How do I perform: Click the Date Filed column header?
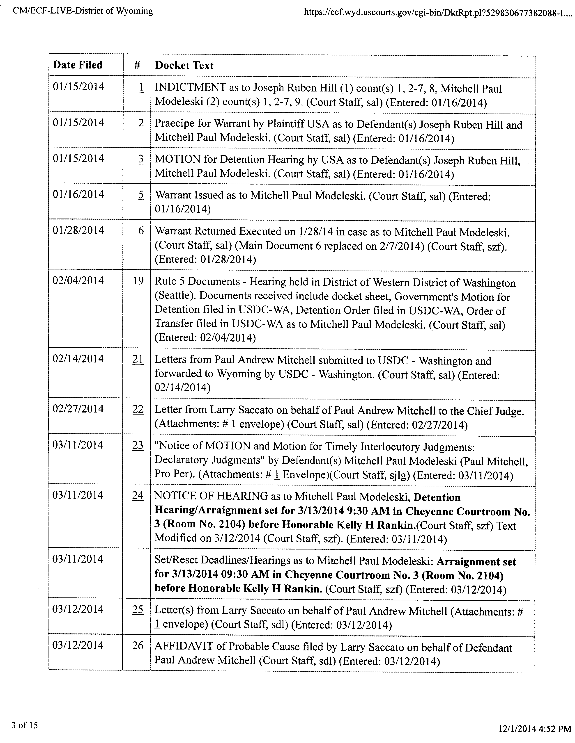pos(78,65)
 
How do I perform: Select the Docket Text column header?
pos(184,65)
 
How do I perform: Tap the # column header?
pos(137,65)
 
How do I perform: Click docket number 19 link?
pos(138,281)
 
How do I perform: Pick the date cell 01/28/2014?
pos(78,230)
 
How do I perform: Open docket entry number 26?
pos(138,645)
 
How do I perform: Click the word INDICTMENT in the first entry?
pos(190,88)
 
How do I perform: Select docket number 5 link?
pos(141,195)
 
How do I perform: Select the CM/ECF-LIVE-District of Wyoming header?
pos(83,11)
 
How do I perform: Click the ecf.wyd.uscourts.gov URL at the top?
pos(437,13)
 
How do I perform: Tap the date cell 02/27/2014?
pos(78,409)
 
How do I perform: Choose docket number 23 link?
pos(138,445)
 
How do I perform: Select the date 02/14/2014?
pos(78,359)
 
